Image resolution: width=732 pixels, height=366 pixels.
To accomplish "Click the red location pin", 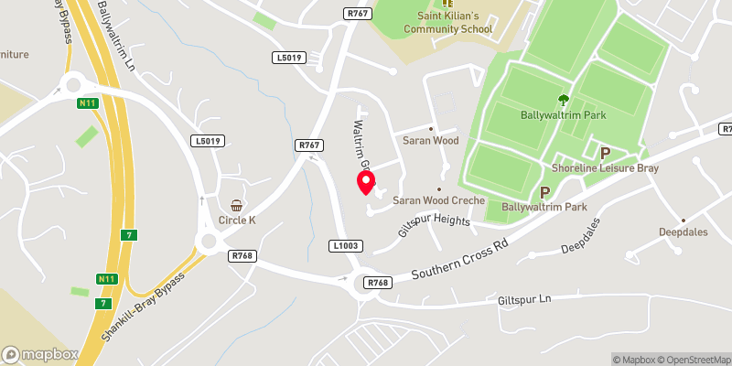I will [x=366, y=182].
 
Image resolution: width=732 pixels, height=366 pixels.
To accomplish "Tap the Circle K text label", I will [x=237, y=221].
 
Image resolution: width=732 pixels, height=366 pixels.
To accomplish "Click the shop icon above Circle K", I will [x=237, y=205].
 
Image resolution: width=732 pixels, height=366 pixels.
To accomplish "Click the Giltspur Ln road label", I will [x=525, y=299].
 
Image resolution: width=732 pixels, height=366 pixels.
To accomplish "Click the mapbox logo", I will [x=40, y=354].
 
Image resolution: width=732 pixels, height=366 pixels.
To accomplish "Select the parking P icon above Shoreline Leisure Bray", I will [x=605, y=153].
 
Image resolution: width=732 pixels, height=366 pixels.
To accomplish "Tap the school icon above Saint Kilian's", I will [x=448, y=3].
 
